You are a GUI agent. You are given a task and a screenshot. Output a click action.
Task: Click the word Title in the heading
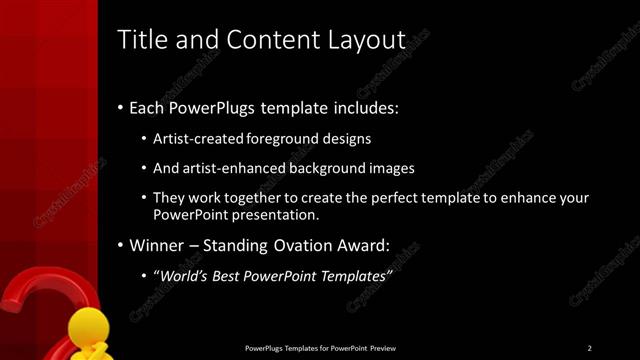point(142,40)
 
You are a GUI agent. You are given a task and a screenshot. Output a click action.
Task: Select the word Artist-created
point(199,138)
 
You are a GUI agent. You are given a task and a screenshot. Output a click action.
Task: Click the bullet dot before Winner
point(121,245)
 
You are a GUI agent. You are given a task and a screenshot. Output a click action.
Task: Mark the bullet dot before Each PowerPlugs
point(121,107)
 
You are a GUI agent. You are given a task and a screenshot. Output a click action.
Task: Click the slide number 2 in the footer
point(589,348)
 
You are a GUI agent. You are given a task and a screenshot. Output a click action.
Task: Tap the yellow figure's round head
point(88,325)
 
